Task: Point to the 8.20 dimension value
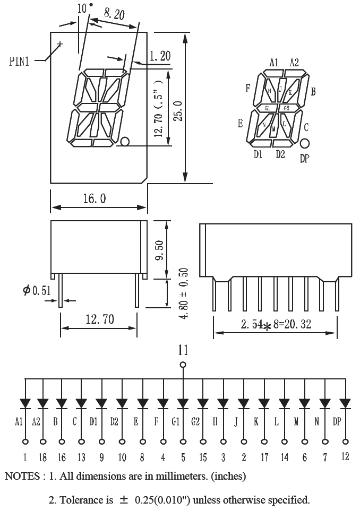pyautogui.click(x=113, y=14)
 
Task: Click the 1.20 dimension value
pyautogui.click(x=160, y=55)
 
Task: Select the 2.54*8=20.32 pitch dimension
pyautogui.click(x=276, y=324)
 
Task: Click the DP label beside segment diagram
pyautogui.click(x=304, y=158)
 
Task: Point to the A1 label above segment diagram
pyautogui.click(x=273, y=62)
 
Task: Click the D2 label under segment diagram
pyautogui.click(x=280, y=154)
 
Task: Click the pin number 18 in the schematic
pyautogui.click(x=41, y=457)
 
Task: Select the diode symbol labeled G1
pyautogui.click(x=183, y=404)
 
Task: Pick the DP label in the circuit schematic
pyautogui.click(x=337, y=422)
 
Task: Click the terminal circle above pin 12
pyautogui.click(x=346, y=441)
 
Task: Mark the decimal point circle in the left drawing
pyautogui.click(x=125, y=142)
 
